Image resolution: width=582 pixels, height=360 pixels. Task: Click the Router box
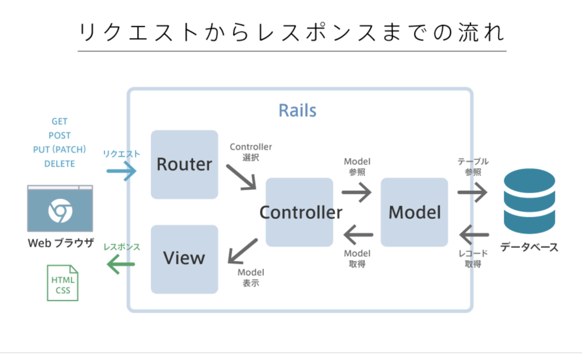(x=184, y=164)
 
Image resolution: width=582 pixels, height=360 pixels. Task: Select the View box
(x=184, y=259)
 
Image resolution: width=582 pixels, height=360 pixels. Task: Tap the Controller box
(x=300, y=212)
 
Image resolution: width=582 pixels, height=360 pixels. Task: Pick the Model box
(x=414, y=212)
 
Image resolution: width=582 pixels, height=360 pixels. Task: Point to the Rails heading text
(x=297, y=110)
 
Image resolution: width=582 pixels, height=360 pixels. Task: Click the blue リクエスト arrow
(x=121, y=171)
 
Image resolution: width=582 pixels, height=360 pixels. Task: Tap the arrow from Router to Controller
(x=241, y=176)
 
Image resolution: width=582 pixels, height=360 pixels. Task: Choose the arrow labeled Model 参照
(x=356, y=192)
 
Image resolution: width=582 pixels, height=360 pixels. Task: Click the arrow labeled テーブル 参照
(x=472, y=193)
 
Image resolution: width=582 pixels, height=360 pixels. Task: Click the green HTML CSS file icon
(x=62, y=283)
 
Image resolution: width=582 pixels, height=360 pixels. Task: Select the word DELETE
(x=60, y=164)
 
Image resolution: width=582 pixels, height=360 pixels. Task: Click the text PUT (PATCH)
(x=60, y=150)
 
